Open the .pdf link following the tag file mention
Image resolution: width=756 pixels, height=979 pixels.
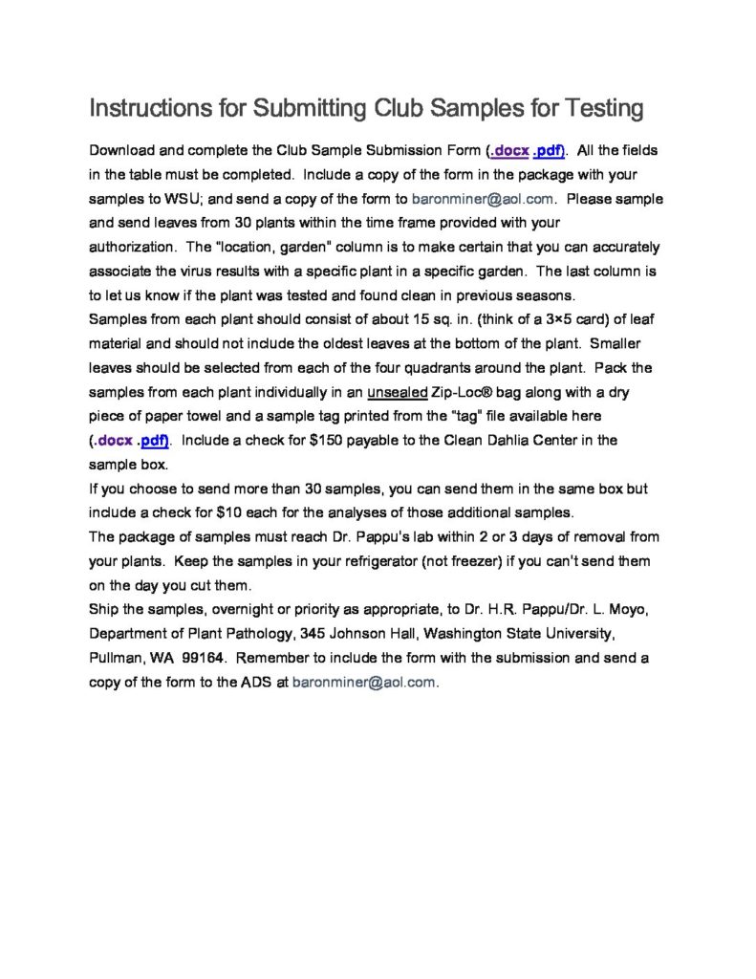point(154,441)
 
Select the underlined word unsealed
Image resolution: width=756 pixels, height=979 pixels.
point(397,393)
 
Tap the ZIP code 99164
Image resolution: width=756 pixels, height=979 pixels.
point(199,659)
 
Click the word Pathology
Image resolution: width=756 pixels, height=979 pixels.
point(258,634)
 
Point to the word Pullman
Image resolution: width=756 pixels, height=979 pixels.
point(117,659)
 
